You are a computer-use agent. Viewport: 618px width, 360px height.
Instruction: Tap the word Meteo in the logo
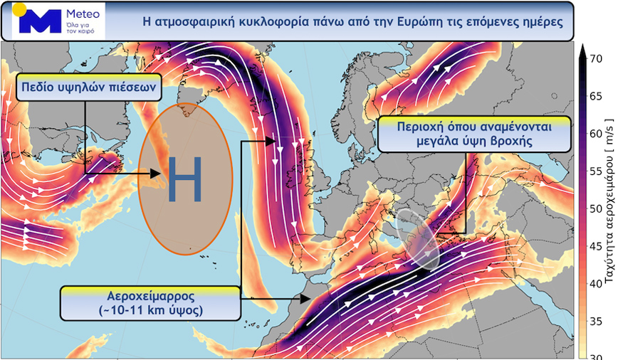click(83, 14)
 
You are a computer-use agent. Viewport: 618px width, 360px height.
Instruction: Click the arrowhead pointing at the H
click(155, 173)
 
